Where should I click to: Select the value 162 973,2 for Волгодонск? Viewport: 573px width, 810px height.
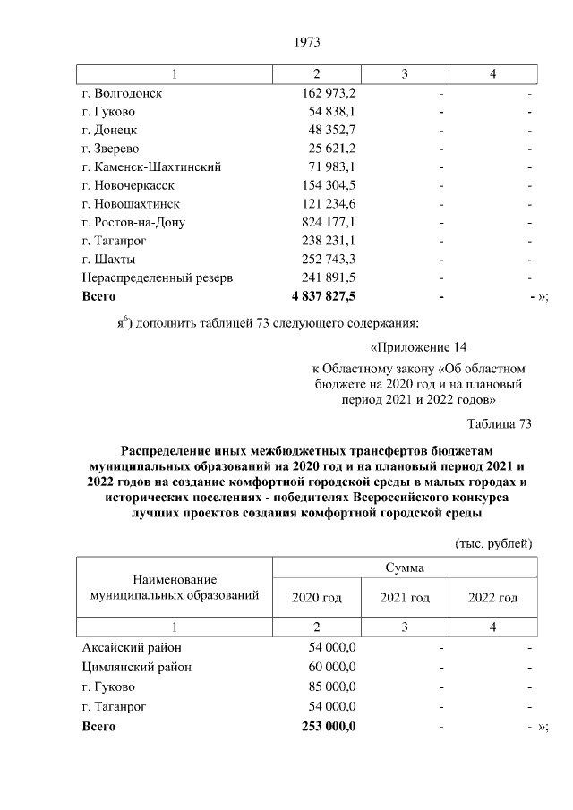[329, 92]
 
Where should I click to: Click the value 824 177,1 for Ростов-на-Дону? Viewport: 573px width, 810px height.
[329, 222]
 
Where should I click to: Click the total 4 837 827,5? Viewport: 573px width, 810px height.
[323, 296]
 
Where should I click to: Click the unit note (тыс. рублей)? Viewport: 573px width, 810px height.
[494, 542]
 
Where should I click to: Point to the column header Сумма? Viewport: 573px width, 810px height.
[404, 567]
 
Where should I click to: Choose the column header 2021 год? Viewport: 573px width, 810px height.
[405, 598]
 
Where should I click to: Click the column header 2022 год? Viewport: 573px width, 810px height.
[493, 598]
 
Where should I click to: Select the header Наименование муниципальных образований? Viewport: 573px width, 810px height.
[173, 586]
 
